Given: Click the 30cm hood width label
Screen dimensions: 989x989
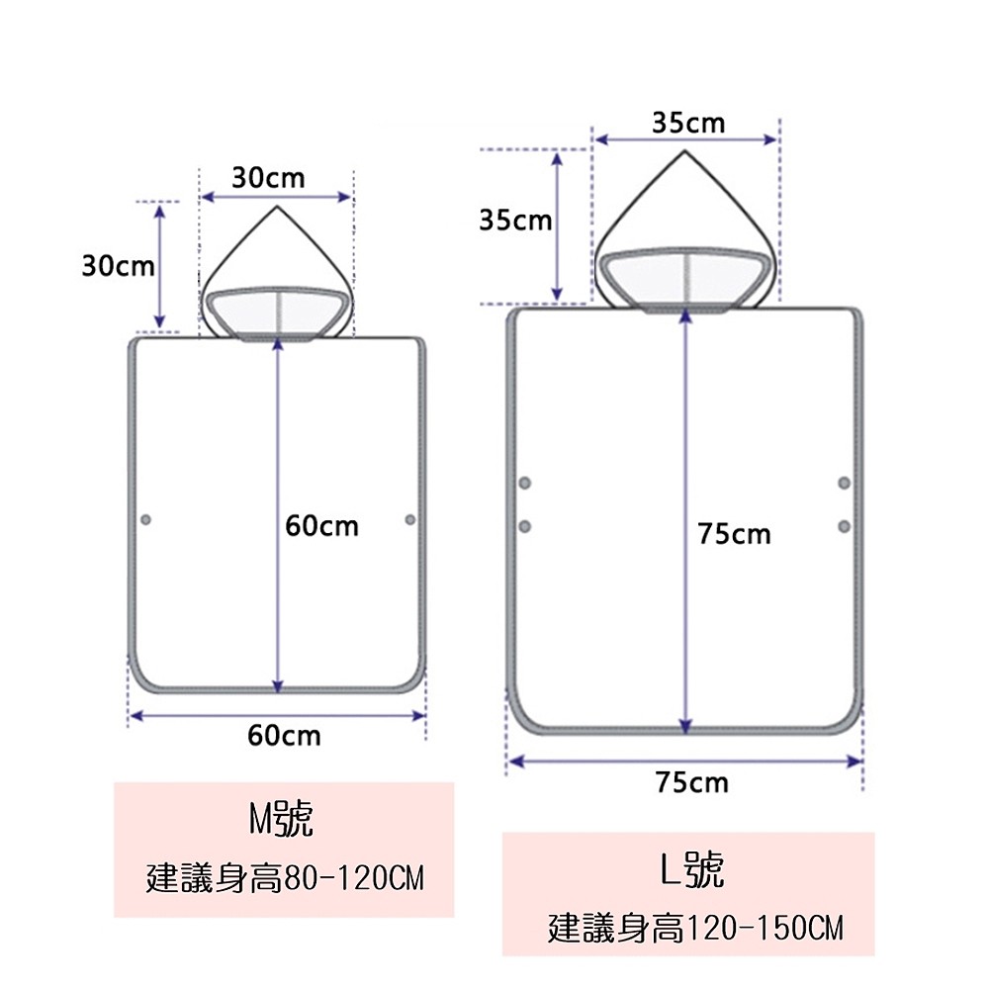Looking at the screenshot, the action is click(268, 178).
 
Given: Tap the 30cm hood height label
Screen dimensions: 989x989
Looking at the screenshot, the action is click(118, 266).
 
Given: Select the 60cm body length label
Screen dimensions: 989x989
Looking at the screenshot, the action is click(321, 526).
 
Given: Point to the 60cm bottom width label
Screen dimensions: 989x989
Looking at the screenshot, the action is click(284, 736).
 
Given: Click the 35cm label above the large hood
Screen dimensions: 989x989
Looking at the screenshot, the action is click(688, 123).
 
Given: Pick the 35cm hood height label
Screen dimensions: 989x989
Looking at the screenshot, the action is click(515, 221).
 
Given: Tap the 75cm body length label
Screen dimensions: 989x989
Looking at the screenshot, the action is click(734, 534).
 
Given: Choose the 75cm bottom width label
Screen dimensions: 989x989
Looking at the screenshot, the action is click(692, 782).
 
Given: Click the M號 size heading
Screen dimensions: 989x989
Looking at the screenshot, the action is click(281, 819).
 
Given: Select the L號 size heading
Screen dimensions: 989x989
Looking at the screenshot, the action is click(692, 869).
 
